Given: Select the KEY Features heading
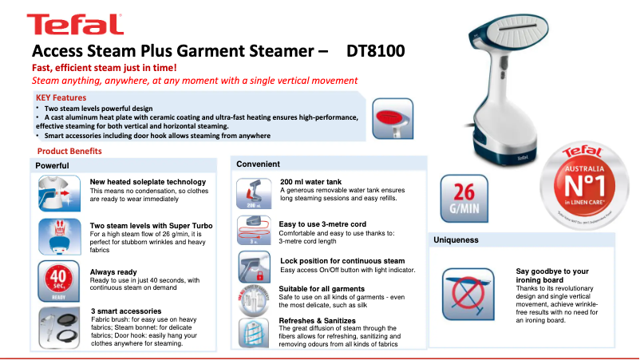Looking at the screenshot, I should (61, 97).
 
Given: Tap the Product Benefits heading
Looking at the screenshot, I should (69, 151).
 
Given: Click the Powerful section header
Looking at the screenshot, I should (52, 165).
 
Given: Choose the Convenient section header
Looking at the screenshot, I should (258, 164).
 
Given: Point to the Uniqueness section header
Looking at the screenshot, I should (456, 239).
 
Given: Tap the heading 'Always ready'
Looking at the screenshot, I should (113, 271).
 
